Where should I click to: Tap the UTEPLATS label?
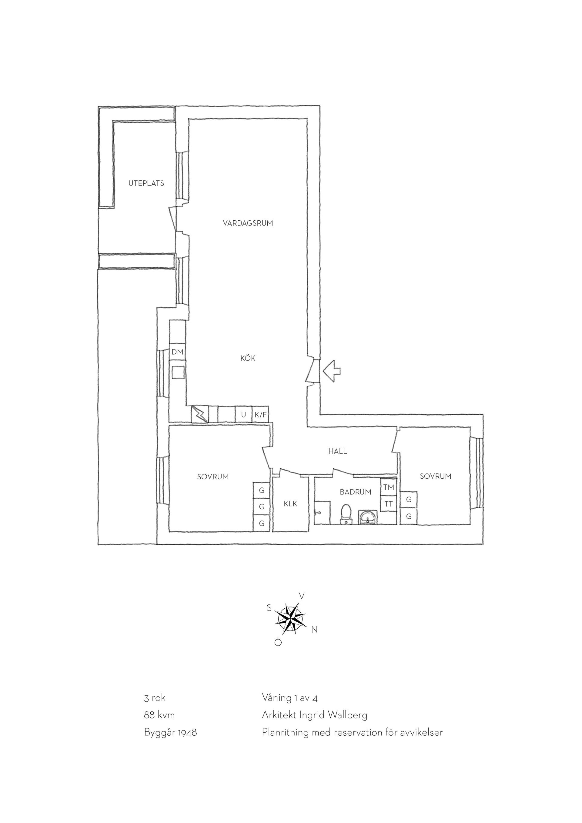146,183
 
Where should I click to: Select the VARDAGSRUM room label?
248,223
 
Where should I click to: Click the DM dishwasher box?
177,352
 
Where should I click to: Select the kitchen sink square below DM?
178,372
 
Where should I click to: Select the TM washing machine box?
389,487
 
